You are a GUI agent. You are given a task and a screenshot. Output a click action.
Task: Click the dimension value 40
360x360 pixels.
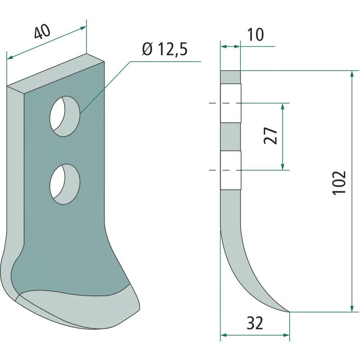pyautogui.click(x=42, y=31)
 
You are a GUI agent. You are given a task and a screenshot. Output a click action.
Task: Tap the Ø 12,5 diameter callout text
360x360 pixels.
pyautogui.click(x=165, y=49)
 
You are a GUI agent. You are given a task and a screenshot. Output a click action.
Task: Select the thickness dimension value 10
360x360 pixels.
pyautogui.click(x=256, y=35)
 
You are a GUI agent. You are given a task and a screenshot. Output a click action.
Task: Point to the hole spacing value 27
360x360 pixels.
pyautogui.click(x=270, y=135)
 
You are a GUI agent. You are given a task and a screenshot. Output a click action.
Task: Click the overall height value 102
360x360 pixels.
pyautogui.click(x=339, y=183)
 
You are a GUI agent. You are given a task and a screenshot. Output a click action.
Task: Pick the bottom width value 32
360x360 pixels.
pyautogui.click(x=255, y=323)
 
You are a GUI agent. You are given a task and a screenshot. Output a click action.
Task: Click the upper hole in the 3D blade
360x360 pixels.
pyautogui.click(x=65, y=116)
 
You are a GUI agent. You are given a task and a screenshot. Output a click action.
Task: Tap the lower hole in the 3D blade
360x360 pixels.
pyautogui.click(x=65, y=184)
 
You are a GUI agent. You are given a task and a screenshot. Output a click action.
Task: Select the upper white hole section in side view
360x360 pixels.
pyautogui.click(x=231, y=103)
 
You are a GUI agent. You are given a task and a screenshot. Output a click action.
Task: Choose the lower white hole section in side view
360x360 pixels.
pyautogui.click(x=231, y=170)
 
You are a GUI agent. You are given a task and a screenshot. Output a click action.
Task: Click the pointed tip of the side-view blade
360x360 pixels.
pyautogui.click(x=289, y=312)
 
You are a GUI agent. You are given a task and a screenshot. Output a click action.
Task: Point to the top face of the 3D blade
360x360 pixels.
pyautogui.click(x=55, y=73)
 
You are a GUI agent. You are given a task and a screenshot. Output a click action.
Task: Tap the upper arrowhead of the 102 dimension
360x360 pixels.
pyautogui.click(x=352, y=75)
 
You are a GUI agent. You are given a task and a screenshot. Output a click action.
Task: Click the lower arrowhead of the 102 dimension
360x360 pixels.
pyautogui.click(x=352, y=308)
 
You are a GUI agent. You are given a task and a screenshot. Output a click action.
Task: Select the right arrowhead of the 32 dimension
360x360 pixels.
pyautogui.click(x=286, y=335)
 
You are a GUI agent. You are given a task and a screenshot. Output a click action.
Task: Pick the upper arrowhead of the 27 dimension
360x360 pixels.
pyautogui.click(x=283, y=107)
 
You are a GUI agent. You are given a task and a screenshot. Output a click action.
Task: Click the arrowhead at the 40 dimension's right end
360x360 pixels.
pyautogui.click(x=83, y=28)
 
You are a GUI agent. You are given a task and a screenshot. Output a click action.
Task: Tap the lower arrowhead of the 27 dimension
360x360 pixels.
pyautogui.click(x=283, y=166)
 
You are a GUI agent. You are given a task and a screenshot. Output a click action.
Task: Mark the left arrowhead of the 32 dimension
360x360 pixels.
pyautogui.click(x=224, y=335)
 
